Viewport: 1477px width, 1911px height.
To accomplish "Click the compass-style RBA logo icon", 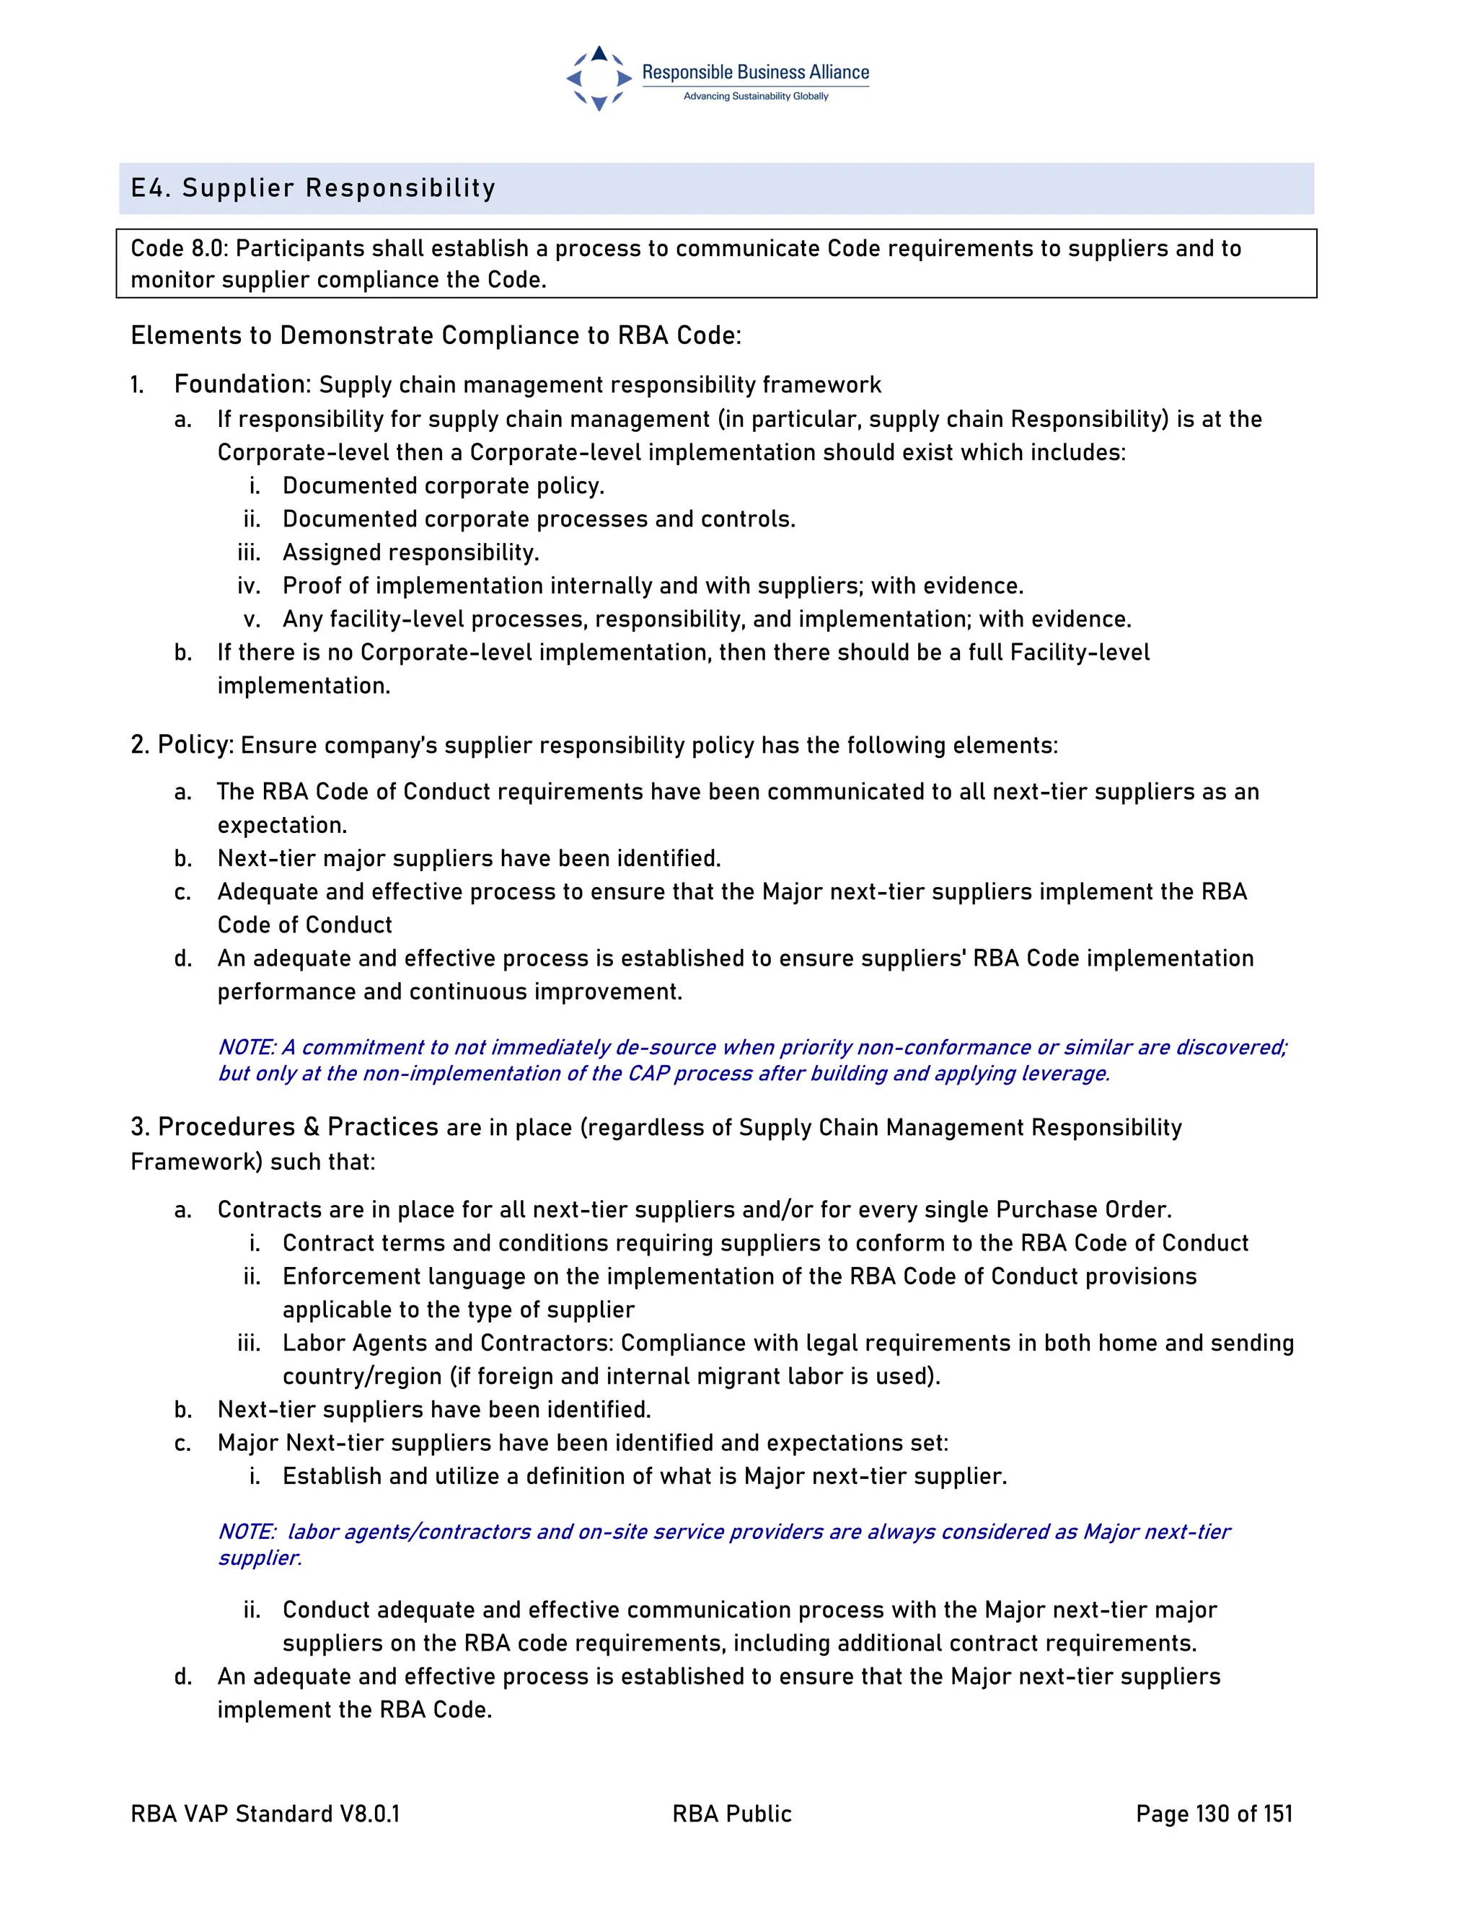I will [599, 79].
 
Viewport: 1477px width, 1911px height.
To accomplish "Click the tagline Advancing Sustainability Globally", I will [755, 96].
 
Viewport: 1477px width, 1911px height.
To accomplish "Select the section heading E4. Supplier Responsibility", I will [313, 188].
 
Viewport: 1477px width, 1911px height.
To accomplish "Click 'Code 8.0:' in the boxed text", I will [180, 249].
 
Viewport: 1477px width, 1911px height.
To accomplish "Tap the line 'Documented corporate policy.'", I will [443, 485].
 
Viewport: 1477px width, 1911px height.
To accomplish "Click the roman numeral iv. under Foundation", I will [250, 586].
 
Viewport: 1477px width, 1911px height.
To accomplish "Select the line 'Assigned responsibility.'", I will [410, 552].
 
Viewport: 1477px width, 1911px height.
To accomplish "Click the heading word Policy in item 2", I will [194, 745].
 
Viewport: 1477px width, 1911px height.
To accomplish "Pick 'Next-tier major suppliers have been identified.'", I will [469, 858].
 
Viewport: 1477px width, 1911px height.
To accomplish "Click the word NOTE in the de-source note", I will [246, 1047].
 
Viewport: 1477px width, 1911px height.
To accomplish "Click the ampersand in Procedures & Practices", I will [312, 1127].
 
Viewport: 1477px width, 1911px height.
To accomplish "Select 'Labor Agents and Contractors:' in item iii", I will [448, 1343].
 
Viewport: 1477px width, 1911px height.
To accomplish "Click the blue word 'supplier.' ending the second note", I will [260, 1558].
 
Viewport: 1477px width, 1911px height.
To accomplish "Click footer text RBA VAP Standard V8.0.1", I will [265, 1814].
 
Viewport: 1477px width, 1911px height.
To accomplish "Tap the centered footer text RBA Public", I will [731, 1814].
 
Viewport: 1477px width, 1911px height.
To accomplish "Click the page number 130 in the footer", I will [1213, 1814].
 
